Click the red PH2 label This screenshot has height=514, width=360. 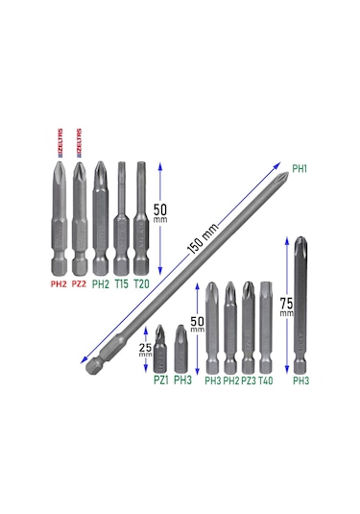coord(58,284)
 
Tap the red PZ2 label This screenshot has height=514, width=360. coord(79,284)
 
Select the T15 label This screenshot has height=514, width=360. coord(121,284)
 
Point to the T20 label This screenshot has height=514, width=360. coord(141,284)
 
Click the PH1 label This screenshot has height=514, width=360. coord(299,169)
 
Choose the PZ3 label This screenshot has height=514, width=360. coord(249,381)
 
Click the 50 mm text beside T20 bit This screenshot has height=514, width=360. coord(159,213)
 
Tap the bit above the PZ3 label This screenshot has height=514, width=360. coord(249,327)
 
